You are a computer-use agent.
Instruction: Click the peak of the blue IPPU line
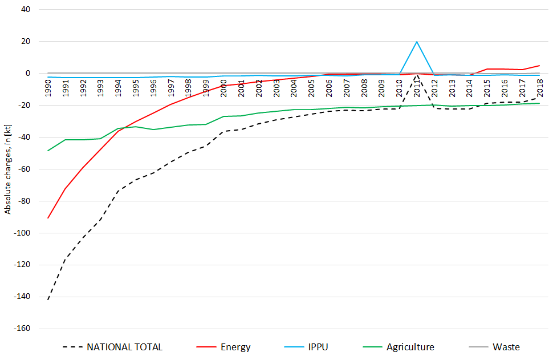pyautogui.click(x=417, y=42)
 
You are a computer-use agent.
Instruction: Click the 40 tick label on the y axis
pyautogui.click(x=26, y=10)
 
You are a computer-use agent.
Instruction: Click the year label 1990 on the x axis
pyautogui.click(x=48, y=89)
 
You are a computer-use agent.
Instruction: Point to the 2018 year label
pyautogui.click(x=540, y=89)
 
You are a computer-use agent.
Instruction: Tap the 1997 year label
pyautogui.click(x=171, y=89)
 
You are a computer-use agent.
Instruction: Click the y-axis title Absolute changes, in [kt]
pyautogui.click(x=7, y=170)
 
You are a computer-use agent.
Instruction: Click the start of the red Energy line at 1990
pyautogui.click(x=48, y=218)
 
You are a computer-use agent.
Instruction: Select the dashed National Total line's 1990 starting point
pyautogui.click(x=48, y=300)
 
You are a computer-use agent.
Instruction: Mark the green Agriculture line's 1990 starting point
pyautogui.click(x=48, y=151)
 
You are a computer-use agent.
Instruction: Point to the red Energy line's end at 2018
pyautogui.click(x=539, y=66)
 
